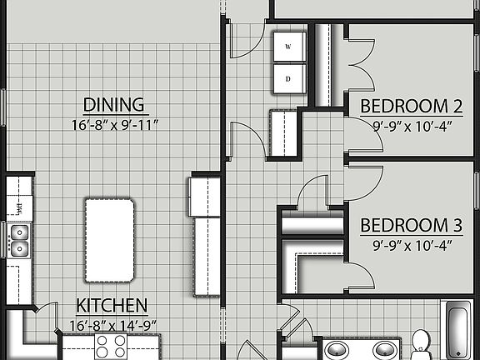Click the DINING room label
tap(114, 105)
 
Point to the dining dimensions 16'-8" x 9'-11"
tap(114, 127)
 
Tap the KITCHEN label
tap(112, 305)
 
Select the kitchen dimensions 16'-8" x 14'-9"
tap(112, 325)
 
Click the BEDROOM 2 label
tap(411, 107)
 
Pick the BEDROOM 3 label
tap(411, 225)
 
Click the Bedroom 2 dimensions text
tap(411, 127)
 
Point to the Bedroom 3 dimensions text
tap(411, 245)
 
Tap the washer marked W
tap(288, 47)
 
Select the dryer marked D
tap(288, 79)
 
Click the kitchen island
tap(109, 240)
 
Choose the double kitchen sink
tap(18, 239)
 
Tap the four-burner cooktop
tap(111, 346)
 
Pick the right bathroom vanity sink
tap(384, 349)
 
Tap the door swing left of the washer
tap(247, 42)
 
